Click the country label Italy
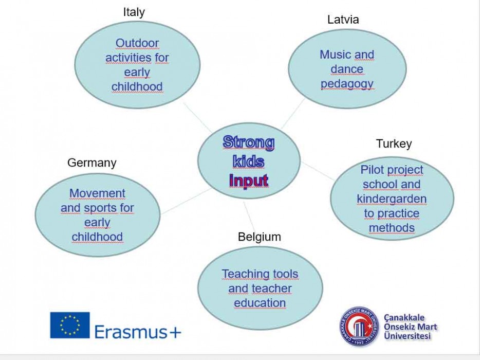pos(134,12)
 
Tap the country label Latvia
pos(343,20)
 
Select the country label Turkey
pos(394,143)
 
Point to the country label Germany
pos(92,163)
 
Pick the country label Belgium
pos(260,237)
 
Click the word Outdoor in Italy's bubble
pos(137,43)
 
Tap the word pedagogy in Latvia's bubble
pos(347,84)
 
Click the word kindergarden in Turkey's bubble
pos(392,199)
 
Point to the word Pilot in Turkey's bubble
pos(372,169)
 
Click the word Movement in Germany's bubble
pos(97,193)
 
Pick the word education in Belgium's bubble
pos(260,303)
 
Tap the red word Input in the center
pos(249,181)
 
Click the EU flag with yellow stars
pos(70,325)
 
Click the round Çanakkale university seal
pos(359,326)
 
